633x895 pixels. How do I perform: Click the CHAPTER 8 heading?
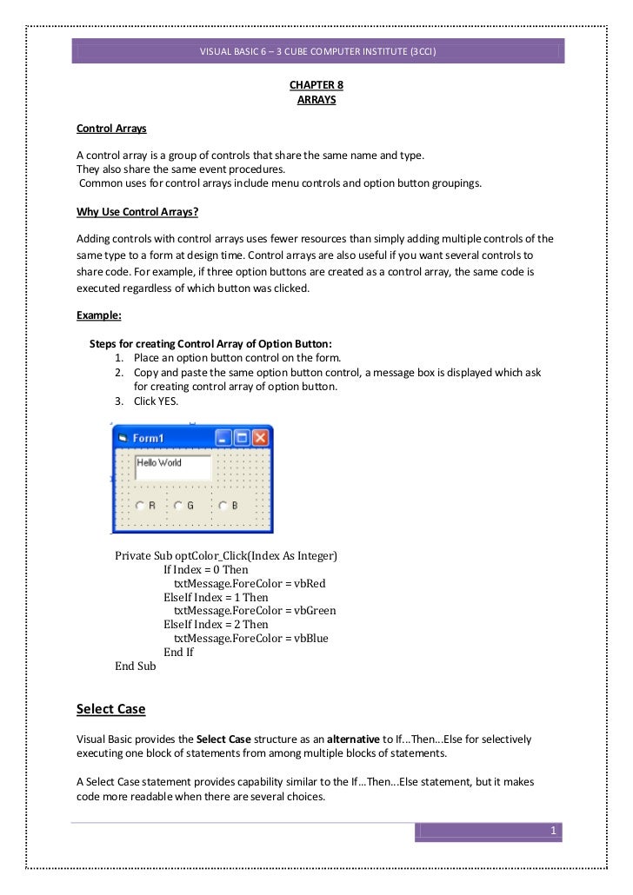click(x=316, y=86)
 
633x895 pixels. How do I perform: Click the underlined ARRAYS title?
click(x=316, y=100)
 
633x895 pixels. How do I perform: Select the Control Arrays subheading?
click(x=111, y=129)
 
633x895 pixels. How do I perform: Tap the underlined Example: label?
click(x=99, y=315)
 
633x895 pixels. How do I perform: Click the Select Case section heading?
click(x=111, y=709)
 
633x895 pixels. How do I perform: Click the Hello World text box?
click(x=172, y=467)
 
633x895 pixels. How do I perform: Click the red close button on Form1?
click(x=259, y=438)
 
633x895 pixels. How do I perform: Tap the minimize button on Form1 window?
click(x=223, y=438)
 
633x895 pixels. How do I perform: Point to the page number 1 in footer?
click(x=552, y=832)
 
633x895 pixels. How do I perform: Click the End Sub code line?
click(x=136, y=666)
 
